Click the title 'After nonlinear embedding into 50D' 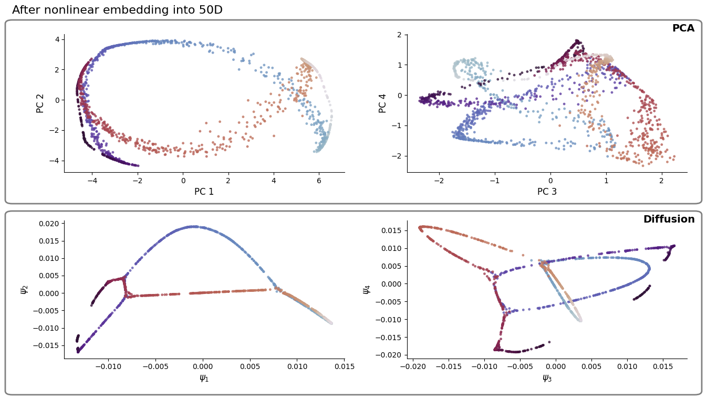pyautogui.click(x=117, y=10)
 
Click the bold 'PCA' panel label pyautogui.click(x=683, y=28)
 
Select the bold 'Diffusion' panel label pyautogui.click(x=669, y=219)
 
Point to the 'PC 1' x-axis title pyautogui.click(x=204, y=192)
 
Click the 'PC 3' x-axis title pyautogui.click(x=547, y=192)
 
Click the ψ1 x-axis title pyautogui.click(x=204, y=377)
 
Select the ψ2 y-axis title pyautogui.click(x=24, y=289)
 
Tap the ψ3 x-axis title pyautogui.click(x=547, y=377)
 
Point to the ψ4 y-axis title pyautogui.click(x=367, y=289)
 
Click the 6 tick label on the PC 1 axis pyautogui.click(x=319, y=180)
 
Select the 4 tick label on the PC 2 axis pyautogui.click(x=57, y=39)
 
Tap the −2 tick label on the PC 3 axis pyautogui.click(x=438, y=180)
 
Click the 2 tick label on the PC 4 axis pyautogui.click(x=399, y=35)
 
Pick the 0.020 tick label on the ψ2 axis pyautogui.click(x=48, y=224)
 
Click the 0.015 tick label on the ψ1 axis pyautogui.click(x=344, y=366)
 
